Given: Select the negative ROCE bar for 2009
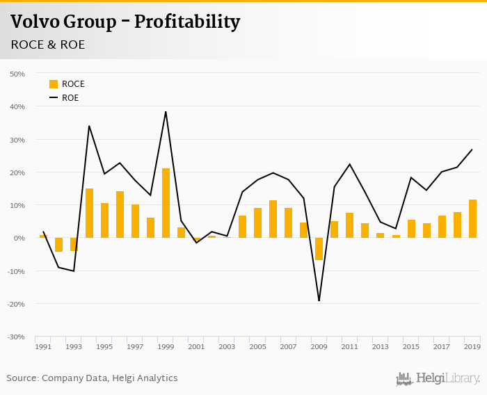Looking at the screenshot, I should point(319,249).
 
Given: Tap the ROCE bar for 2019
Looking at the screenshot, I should point(472,219).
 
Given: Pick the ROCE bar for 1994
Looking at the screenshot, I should point(89,213).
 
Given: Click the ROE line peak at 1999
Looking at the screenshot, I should point(166,112).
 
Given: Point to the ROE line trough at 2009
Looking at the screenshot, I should point(319,300).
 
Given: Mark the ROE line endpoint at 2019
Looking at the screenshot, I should point(472,150).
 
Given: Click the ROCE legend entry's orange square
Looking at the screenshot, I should point(54,84).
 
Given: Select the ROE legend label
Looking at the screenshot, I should point(70,98).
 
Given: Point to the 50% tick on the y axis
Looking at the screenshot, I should point(17,74).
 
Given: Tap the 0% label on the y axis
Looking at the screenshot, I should point(19,239).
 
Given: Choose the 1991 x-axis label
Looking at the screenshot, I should point(43,347).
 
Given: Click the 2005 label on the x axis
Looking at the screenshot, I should point(257,347).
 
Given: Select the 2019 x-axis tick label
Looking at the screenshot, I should point(472,347).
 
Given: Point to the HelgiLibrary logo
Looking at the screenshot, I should point(438,378).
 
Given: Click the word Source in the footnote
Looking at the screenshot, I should point(23,378).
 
